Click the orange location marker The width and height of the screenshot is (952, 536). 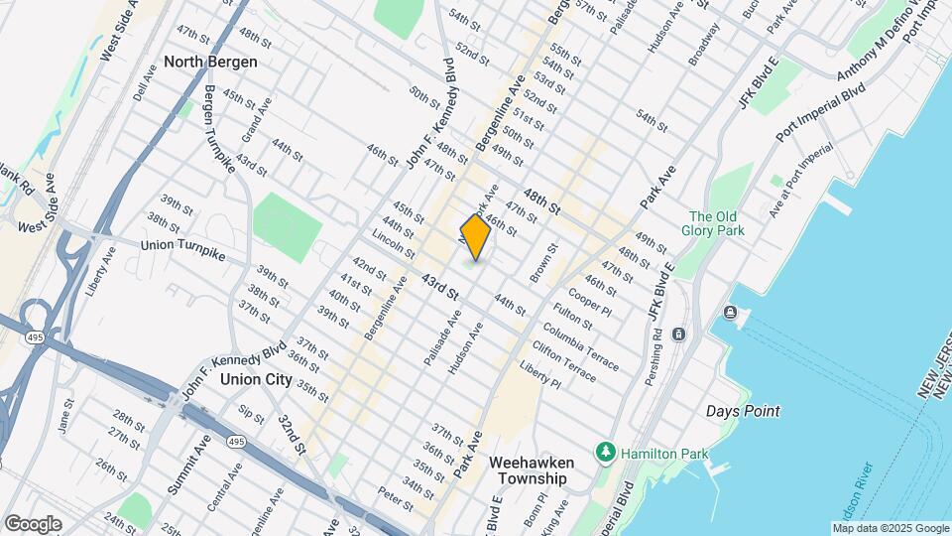[476, 237]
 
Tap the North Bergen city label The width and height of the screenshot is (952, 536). [210, 62]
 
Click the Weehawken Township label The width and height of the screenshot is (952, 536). [528, 469]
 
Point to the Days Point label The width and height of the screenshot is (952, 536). [743, 411]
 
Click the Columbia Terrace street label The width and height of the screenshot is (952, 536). [580, 343]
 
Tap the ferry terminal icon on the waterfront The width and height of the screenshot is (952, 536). [730, 314]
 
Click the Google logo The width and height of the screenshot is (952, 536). [33, 523]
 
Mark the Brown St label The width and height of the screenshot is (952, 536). [542, 263]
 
